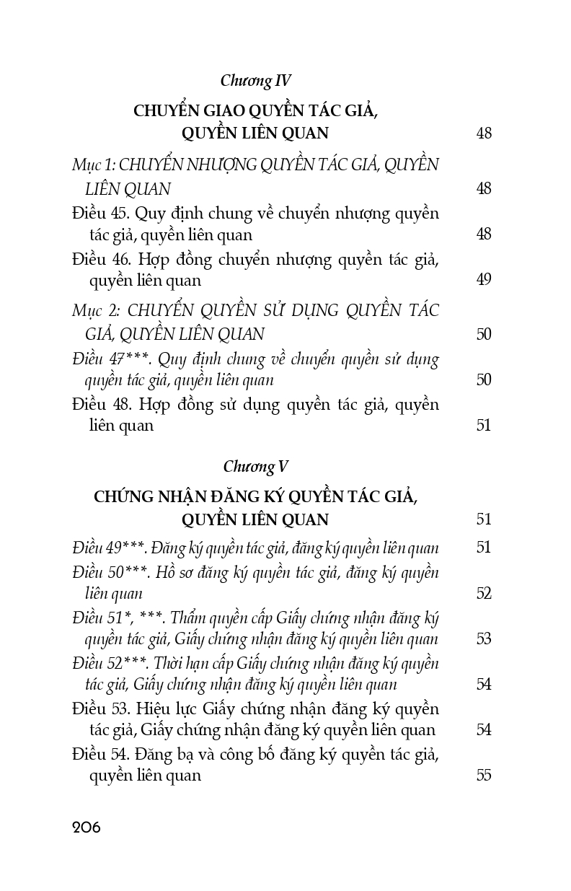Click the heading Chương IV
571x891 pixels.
point(256,80)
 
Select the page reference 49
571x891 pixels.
point(484,280)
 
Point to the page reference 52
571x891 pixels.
point(484,594)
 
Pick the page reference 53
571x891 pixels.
point(484,639)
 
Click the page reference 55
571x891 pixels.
point(484,776)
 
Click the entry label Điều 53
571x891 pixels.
point(100,710)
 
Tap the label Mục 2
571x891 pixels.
point(94,311)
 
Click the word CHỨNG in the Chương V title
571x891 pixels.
point(123,498)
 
